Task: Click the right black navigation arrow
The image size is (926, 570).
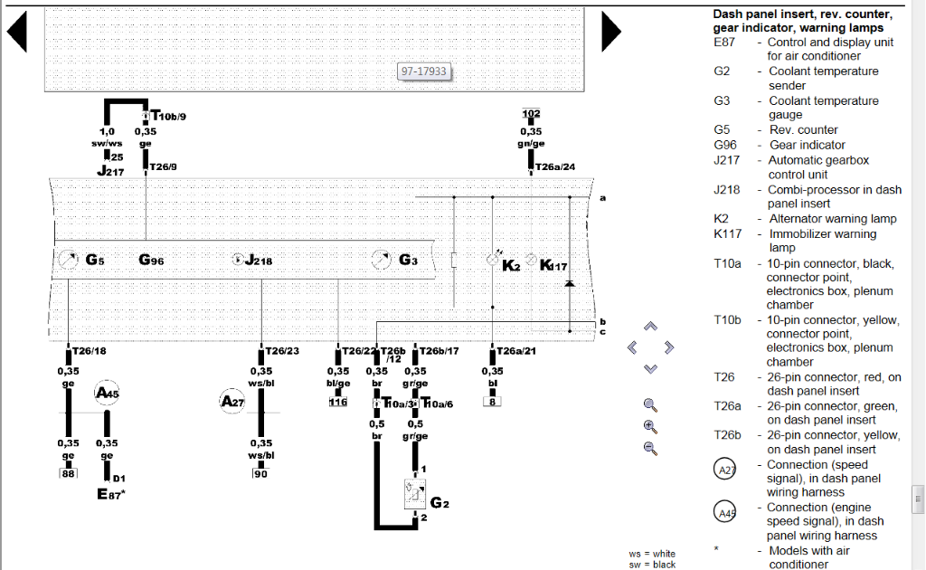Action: coord(610,33)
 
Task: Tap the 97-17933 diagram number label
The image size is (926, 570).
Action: coord(425,72)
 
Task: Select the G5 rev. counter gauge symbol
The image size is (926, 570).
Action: coord(68,261)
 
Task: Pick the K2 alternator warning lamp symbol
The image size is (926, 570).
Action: coord(493,261)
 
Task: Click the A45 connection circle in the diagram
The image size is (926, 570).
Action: coord(108,394)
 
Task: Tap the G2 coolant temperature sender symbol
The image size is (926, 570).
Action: coord(415,494)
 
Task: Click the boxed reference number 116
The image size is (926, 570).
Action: coord(338,401)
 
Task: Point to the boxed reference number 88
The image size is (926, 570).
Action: coord(68,473)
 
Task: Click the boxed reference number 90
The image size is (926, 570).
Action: coord(261,473)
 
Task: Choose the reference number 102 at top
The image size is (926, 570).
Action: coord(531,114)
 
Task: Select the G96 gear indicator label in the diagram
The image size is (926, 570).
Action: coord(151,261)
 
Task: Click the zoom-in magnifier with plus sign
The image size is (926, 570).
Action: coord(649,426)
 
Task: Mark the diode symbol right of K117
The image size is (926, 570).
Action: coord(569,284)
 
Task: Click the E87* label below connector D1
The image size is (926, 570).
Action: coord(111,494)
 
